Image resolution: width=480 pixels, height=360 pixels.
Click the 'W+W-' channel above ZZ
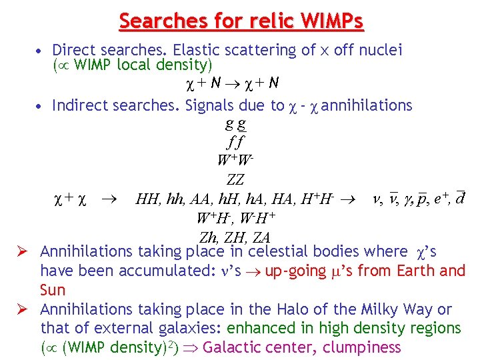click(x=235, y=160)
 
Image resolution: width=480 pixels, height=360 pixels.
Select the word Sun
click(x=53, y=290)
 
